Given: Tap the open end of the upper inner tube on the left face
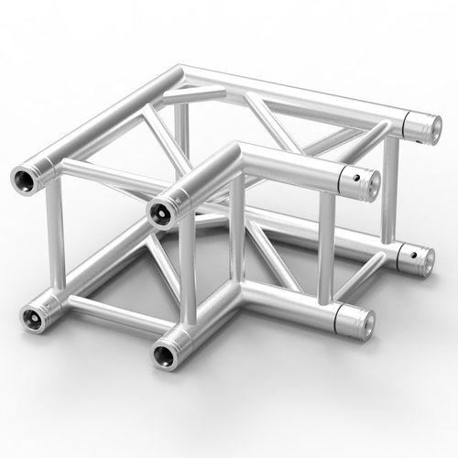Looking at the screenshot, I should pos(161,212).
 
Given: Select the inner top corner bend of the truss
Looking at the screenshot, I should pos(236,151).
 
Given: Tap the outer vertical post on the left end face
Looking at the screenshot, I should pos(51,243).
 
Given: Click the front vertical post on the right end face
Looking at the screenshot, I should pos(325,247).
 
